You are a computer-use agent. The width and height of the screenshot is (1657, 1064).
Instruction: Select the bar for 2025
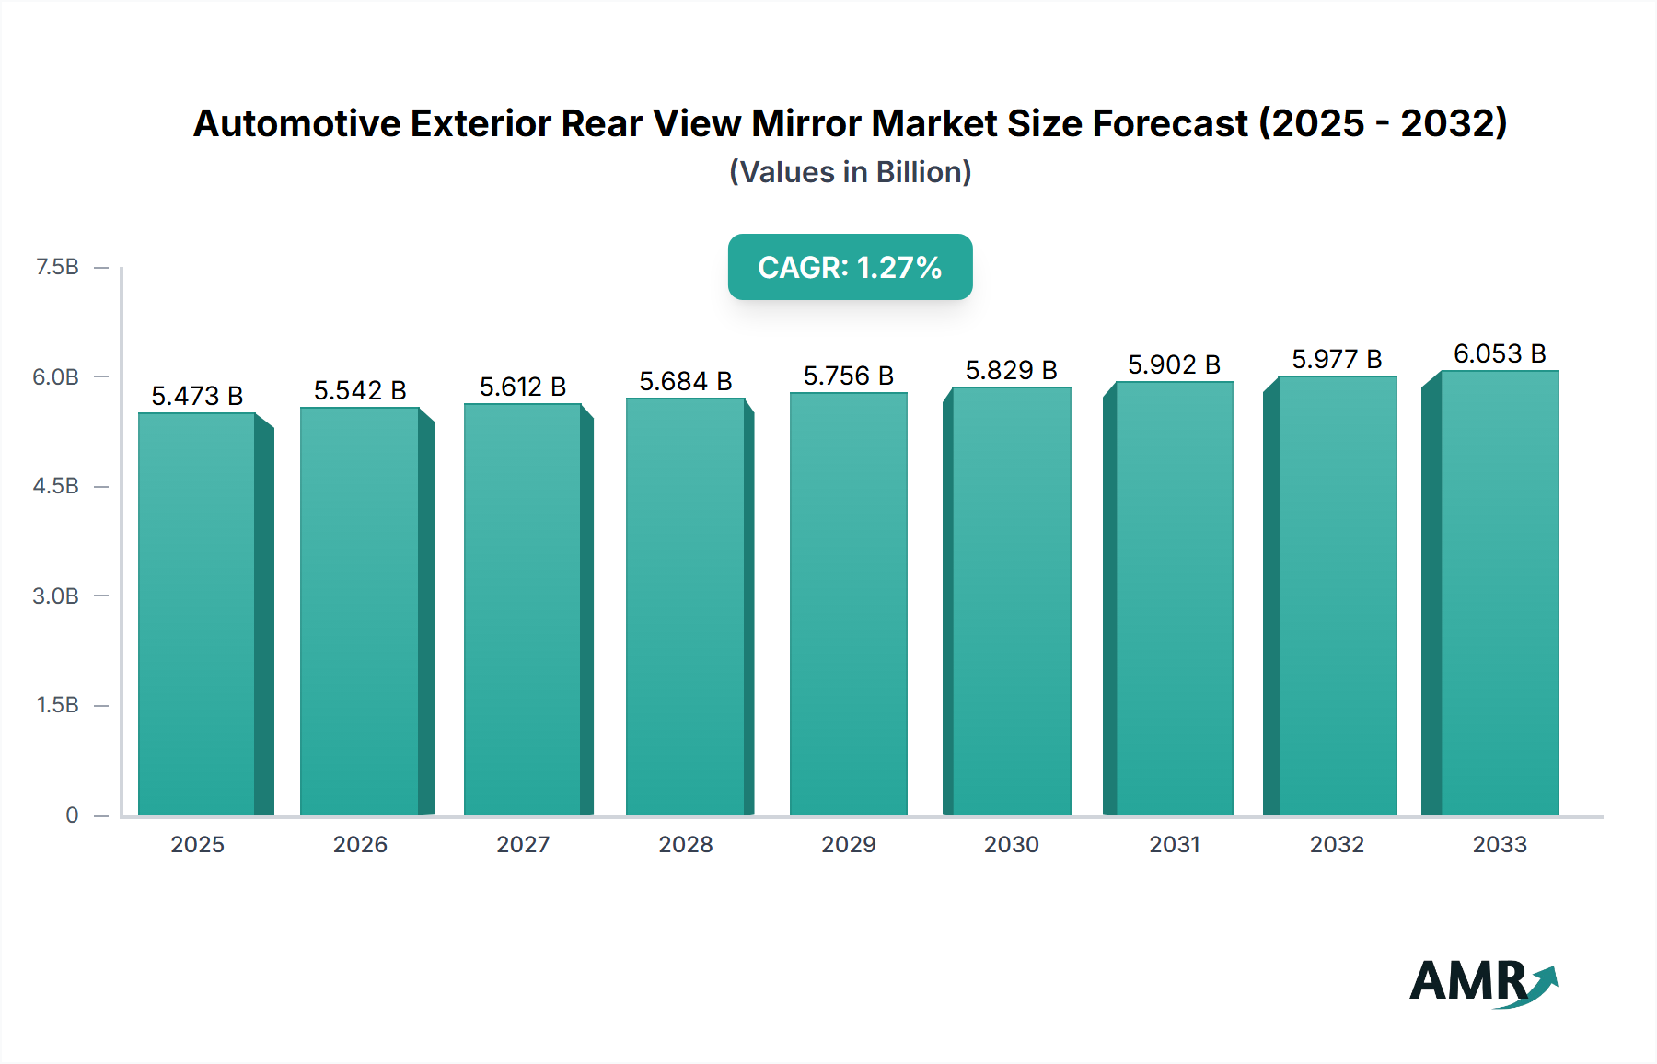point(197,614)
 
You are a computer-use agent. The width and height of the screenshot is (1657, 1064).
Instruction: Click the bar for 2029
point(848,604)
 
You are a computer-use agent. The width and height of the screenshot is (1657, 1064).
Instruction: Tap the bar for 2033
point(1500,593)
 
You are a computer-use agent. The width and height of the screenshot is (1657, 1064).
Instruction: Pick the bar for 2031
point(1174,598)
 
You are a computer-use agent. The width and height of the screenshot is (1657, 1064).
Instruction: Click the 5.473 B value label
point(197,397)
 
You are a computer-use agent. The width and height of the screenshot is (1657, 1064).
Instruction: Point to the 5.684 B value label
point(685,382)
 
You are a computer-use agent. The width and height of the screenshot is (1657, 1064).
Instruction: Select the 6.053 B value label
point(1500,354)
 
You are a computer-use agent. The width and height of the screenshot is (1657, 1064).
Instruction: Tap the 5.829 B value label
point(1011,371)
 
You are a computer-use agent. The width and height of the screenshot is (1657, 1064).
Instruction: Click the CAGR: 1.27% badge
point(850,267)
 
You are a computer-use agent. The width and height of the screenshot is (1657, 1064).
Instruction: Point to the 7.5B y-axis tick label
point(57,267)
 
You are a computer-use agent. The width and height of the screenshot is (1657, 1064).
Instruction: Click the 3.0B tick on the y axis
point(56,596)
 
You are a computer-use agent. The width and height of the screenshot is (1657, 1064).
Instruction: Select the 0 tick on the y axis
point(72,815)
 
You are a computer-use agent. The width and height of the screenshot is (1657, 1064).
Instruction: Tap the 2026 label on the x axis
point(360,845)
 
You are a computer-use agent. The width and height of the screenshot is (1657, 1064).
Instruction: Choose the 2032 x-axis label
point(1337,845)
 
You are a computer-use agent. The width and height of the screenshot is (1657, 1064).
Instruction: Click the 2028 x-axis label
point(685,845)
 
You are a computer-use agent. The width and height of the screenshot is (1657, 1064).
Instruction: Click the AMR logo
point(1483,982)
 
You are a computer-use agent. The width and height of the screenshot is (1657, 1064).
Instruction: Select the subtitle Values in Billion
point(850,172)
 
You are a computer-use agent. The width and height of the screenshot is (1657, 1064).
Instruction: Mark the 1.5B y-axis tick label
point(57,705)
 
